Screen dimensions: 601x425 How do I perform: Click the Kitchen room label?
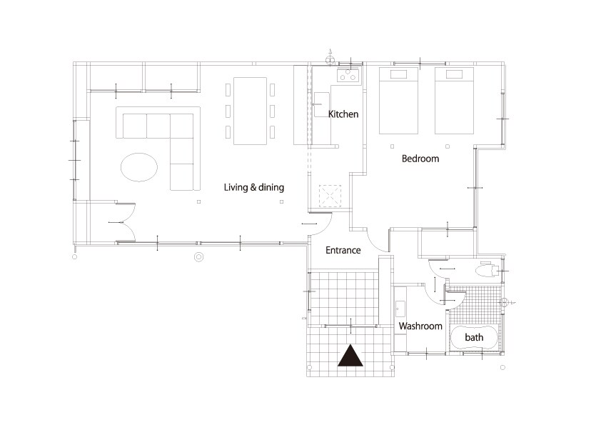[x=343, y=114]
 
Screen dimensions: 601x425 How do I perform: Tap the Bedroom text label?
[x=420, y=159]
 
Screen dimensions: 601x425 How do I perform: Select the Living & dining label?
[x=253, y=187]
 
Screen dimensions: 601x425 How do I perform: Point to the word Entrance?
[x=343, y=250]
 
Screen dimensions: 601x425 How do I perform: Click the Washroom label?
[x=420, y=326]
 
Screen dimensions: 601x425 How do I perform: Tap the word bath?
[x=474, y=337]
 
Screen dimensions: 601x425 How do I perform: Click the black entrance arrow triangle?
[x=350, y=356]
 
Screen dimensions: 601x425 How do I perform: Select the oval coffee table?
[x=139, y=167]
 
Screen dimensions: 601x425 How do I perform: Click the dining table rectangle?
[x=251, y=111]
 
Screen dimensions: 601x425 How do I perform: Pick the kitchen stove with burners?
[x=348, y=75]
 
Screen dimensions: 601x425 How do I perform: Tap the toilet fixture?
[x=488, y=270]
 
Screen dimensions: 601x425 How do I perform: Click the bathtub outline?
[x=474, y=338]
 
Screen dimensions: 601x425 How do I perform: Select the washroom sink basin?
[x=400, y=309]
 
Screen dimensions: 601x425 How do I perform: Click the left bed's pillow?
[x=398, y=74]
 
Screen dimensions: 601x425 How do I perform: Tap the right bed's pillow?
[x=454, y=74]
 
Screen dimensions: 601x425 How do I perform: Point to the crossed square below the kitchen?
[x=330, y=195]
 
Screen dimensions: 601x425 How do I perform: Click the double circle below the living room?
[x=198, y=257]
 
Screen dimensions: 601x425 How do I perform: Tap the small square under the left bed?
[x=392, y=146]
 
